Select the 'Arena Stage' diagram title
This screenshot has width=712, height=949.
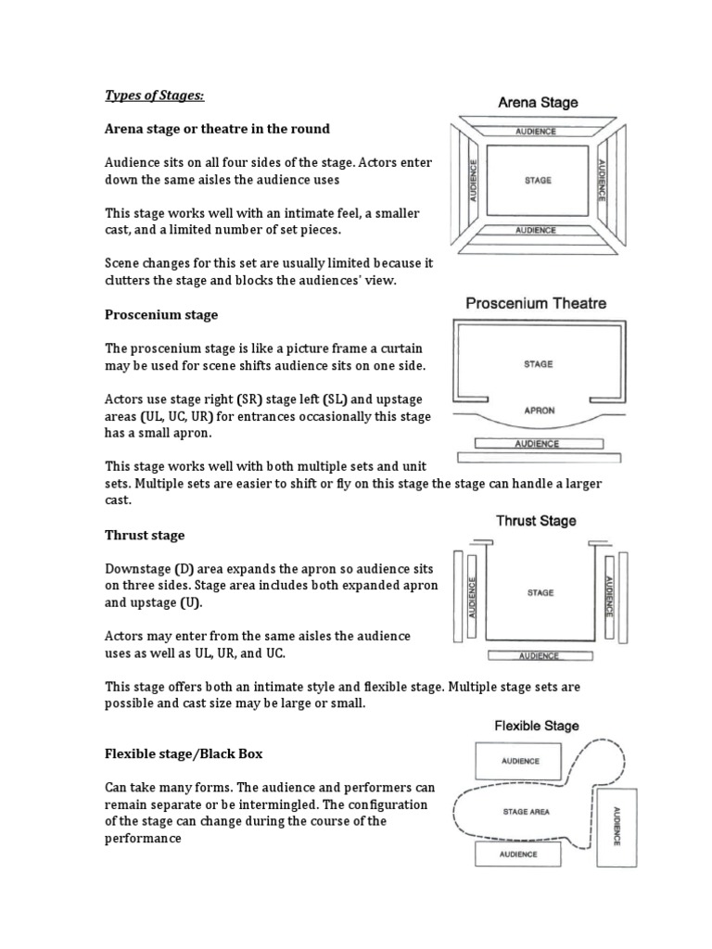point(538,103)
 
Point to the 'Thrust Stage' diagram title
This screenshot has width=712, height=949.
point(536,521)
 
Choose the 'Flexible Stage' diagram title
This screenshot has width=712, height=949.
point(537,726)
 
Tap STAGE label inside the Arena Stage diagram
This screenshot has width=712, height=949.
point(538,181)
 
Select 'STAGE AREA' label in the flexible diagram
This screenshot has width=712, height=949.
point(528,812)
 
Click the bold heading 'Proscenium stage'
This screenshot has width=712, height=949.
point(161,315)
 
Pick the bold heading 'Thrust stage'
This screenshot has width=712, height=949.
point(145,536)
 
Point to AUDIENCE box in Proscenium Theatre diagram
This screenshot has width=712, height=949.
point(538,443)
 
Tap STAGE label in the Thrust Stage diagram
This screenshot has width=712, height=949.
point(540,592)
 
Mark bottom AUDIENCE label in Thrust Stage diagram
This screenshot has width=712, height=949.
point(539,656)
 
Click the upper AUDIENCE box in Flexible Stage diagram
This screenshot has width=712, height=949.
point(520,761)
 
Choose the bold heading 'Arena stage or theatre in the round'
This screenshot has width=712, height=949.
point(217,128)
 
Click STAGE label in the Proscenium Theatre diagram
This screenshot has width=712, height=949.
point(538,364)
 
